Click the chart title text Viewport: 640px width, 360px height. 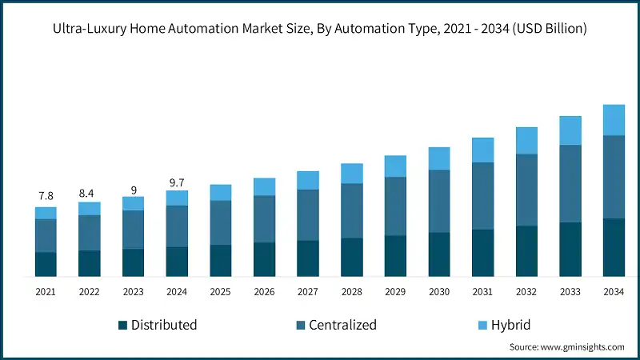coord(320,29)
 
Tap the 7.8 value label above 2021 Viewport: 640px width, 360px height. coord(46,196)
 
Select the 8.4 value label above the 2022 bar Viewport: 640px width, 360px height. coord(90,192)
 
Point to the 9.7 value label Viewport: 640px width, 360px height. coord(177,182)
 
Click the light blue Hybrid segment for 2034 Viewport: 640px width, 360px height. coord(614,120)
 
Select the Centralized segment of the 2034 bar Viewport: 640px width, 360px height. coord(614,177)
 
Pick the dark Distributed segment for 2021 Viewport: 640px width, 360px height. coord(46,265)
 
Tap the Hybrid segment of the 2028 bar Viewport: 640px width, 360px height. coord(352,174)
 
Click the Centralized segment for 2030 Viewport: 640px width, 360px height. coord(439,202)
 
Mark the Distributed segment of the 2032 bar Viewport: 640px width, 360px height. coord(526,251)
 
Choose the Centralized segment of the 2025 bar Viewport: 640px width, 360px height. coord(221,222)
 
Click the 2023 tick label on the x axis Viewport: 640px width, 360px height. coord(133,293)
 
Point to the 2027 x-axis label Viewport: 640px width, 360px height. coord(308,293)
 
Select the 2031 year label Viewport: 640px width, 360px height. coord(482,293)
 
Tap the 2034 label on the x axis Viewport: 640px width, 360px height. coord(614,293)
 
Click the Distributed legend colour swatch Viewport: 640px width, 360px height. coord(122,325)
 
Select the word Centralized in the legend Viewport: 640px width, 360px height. coord(342,325)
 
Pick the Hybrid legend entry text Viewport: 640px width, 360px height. coord(510,325)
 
